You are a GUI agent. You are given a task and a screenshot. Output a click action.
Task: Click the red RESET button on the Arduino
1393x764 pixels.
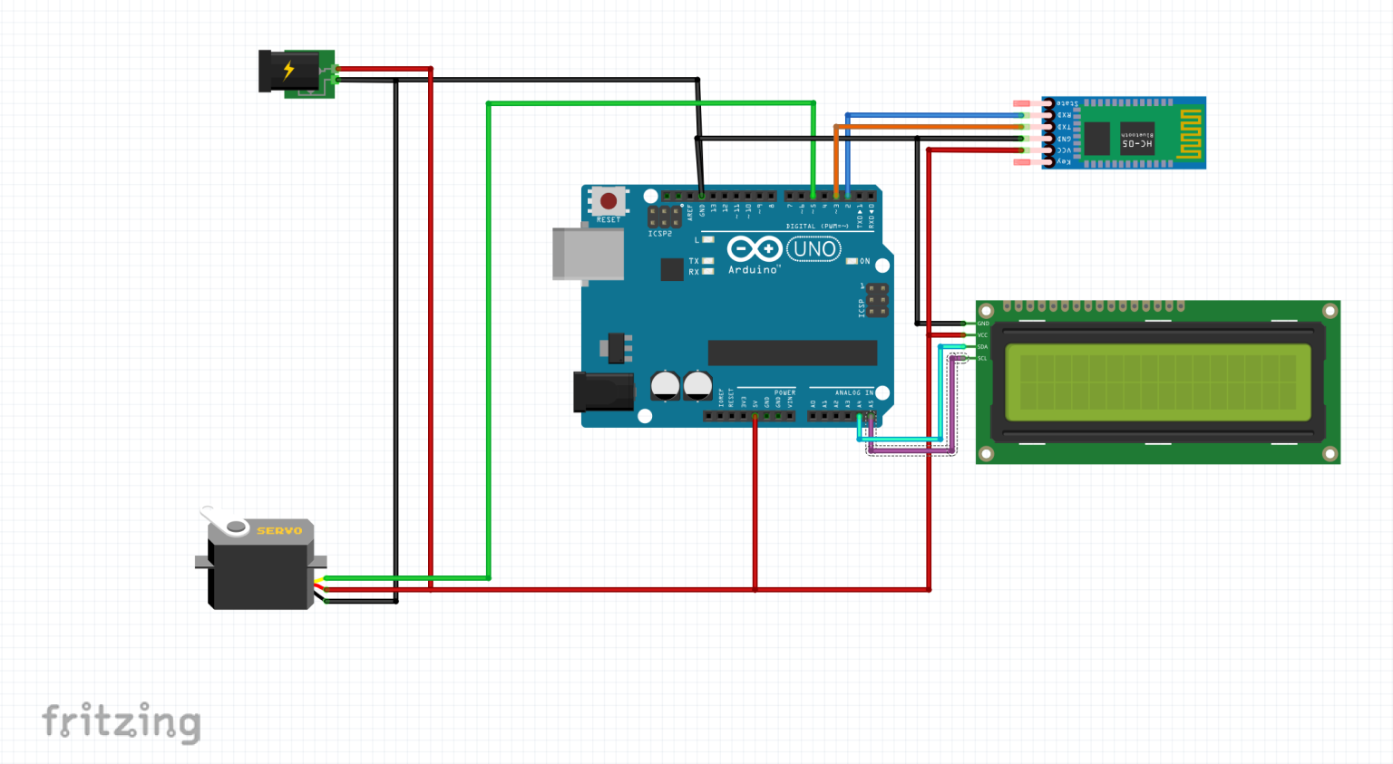[609, 201]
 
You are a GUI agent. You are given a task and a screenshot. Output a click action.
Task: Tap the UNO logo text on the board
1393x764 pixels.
[813, 249]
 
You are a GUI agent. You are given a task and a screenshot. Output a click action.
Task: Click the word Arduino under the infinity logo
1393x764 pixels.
[753, 270]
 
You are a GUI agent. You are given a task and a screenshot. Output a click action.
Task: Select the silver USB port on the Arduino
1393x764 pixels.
[588, 254]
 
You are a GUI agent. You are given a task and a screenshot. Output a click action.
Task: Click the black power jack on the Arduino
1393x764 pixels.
[602, 392]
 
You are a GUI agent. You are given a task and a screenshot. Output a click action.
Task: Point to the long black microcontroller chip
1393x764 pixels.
[792, 353]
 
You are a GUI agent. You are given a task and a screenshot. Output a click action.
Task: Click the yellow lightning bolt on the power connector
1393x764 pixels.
[288, 70]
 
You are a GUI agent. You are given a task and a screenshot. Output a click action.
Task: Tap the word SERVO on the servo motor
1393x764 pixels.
[279, 531]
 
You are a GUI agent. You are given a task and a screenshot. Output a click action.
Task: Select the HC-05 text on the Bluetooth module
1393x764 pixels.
[1137, 144]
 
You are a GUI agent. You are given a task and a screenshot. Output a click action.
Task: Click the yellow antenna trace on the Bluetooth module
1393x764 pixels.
[1190, 133]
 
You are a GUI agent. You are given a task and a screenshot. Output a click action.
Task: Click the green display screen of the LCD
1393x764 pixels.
[1157, 382]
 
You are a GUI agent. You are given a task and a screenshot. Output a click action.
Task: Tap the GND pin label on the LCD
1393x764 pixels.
[983, 324]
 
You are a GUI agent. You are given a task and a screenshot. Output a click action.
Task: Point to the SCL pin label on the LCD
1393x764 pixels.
[982, 358]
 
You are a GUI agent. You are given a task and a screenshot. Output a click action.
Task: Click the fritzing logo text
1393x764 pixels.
[122, 722]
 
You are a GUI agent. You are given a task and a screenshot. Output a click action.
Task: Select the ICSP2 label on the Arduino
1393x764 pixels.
[660, 234]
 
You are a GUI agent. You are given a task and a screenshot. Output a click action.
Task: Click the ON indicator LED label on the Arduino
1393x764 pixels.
[864, 261]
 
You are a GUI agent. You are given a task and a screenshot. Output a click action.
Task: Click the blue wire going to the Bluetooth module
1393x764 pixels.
[934, 115]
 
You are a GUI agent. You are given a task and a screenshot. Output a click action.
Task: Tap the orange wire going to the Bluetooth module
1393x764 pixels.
[934, 127]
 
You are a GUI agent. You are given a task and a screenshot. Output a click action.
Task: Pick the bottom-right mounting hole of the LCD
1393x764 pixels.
[1330, 453]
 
